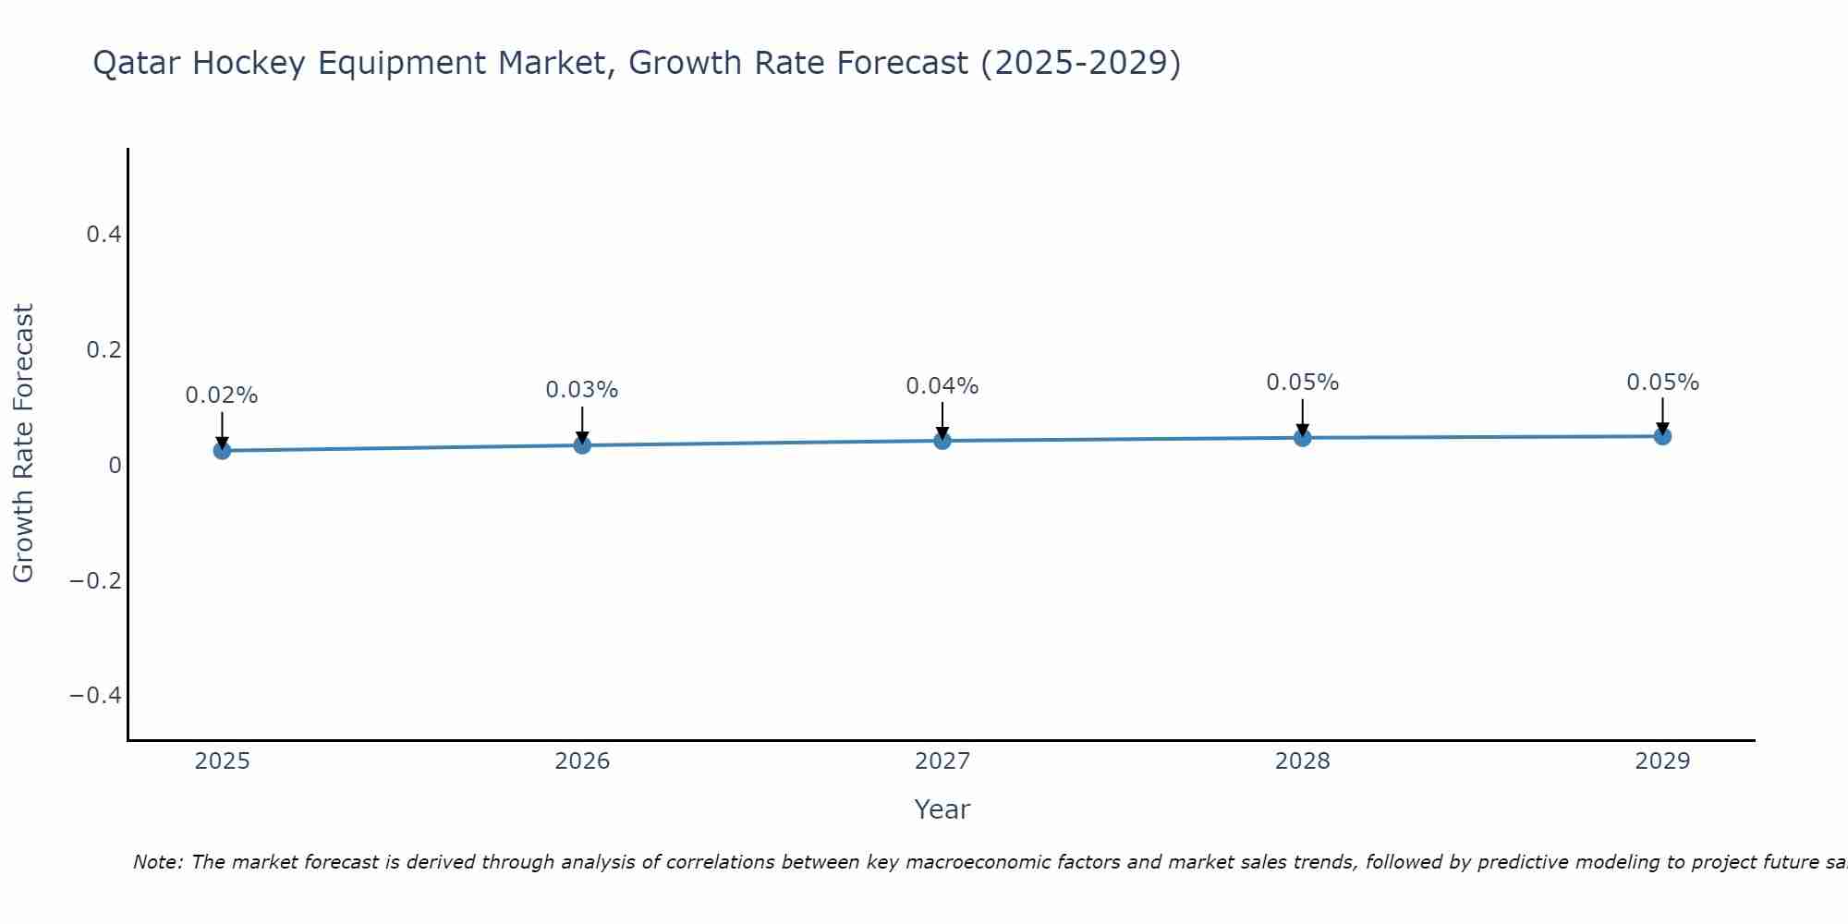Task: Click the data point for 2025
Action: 222,450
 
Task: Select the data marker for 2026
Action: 582,444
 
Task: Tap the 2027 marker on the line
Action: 942,441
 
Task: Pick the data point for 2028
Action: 1303,437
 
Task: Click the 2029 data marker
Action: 1662,435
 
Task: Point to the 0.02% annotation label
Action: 222,395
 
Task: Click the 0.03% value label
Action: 582,390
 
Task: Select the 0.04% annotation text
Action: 942,386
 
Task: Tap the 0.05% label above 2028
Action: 1303,383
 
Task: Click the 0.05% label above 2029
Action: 1662,383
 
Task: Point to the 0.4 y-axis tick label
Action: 103,235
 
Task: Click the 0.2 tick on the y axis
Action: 103,350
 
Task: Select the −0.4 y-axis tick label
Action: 96,695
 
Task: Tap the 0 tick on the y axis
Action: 115,465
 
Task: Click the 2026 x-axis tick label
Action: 582,761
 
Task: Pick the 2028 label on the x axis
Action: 1303,761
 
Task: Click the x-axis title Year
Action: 942,809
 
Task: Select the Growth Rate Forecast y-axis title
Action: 23,444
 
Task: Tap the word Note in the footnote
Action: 157,862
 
